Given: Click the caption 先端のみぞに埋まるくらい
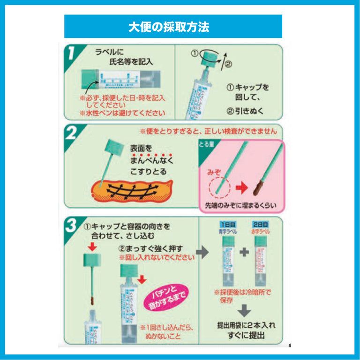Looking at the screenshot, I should pyautogui.click(x=238, y=206).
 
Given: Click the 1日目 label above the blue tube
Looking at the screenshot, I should pyautogui.click(x=227, y=225).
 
